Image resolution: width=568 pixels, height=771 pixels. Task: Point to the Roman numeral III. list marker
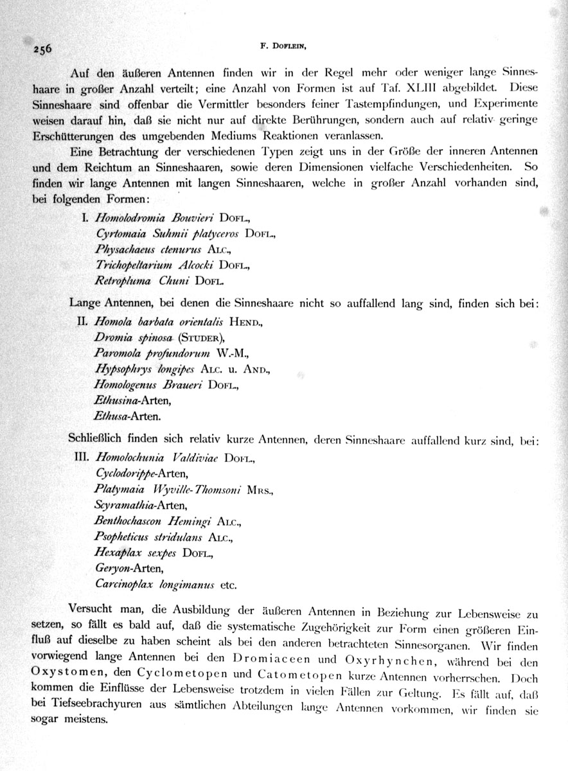[81, 458]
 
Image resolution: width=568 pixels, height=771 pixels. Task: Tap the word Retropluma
[123, 280]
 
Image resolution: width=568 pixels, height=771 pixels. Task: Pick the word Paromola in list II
[116, 353]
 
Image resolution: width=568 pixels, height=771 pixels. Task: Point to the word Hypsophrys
[121, 369]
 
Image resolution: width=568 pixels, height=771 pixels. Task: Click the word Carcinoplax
[123, 585]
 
